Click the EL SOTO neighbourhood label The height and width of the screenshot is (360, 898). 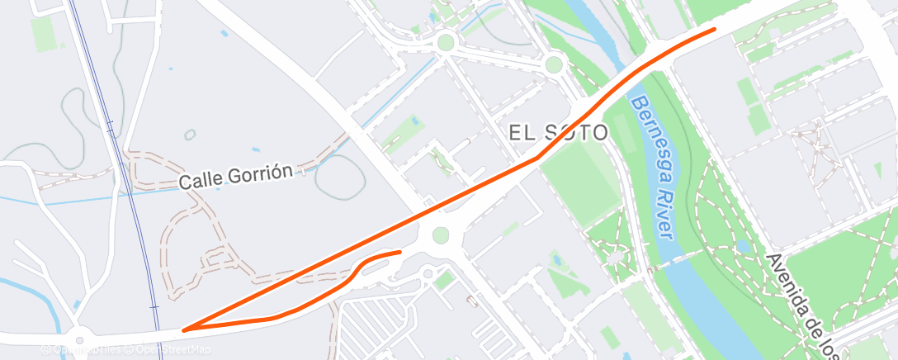click(x=559, y=133)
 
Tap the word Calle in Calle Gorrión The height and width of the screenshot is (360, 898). click(x=201, y=179)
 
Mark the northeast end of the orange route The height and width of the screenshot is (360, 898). click(x=714, y=30)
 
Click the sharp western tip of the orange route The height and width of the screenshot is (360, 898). click(x=183, y=329)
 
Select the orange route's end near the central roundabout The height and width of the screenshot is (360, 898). click(x=399, y=252)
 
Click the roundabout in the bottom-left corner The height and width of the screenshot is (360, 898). click(x=79, y=338)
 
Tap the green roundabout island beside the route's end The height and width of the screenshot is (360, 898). click(x=440, y=236)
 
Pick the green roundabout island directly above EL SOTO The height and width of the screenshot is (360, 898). click(x=554, y=64)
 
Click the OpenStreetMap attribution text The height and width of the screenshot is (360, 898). click(x=174, y=350)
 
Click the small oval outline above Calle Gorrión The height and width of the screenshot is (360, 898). click(x=190, y=135)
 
